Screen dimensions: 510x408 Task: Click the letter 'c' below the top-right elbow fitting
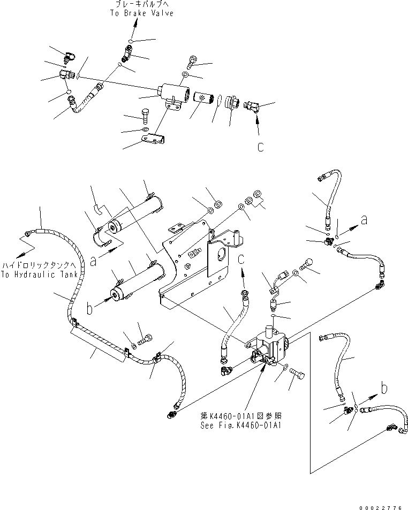point(260,147)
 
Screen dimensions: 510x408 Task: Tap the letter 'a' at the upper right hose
point(364,220)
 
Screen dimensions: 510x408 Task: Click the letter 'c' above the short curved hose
point(241,260)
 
